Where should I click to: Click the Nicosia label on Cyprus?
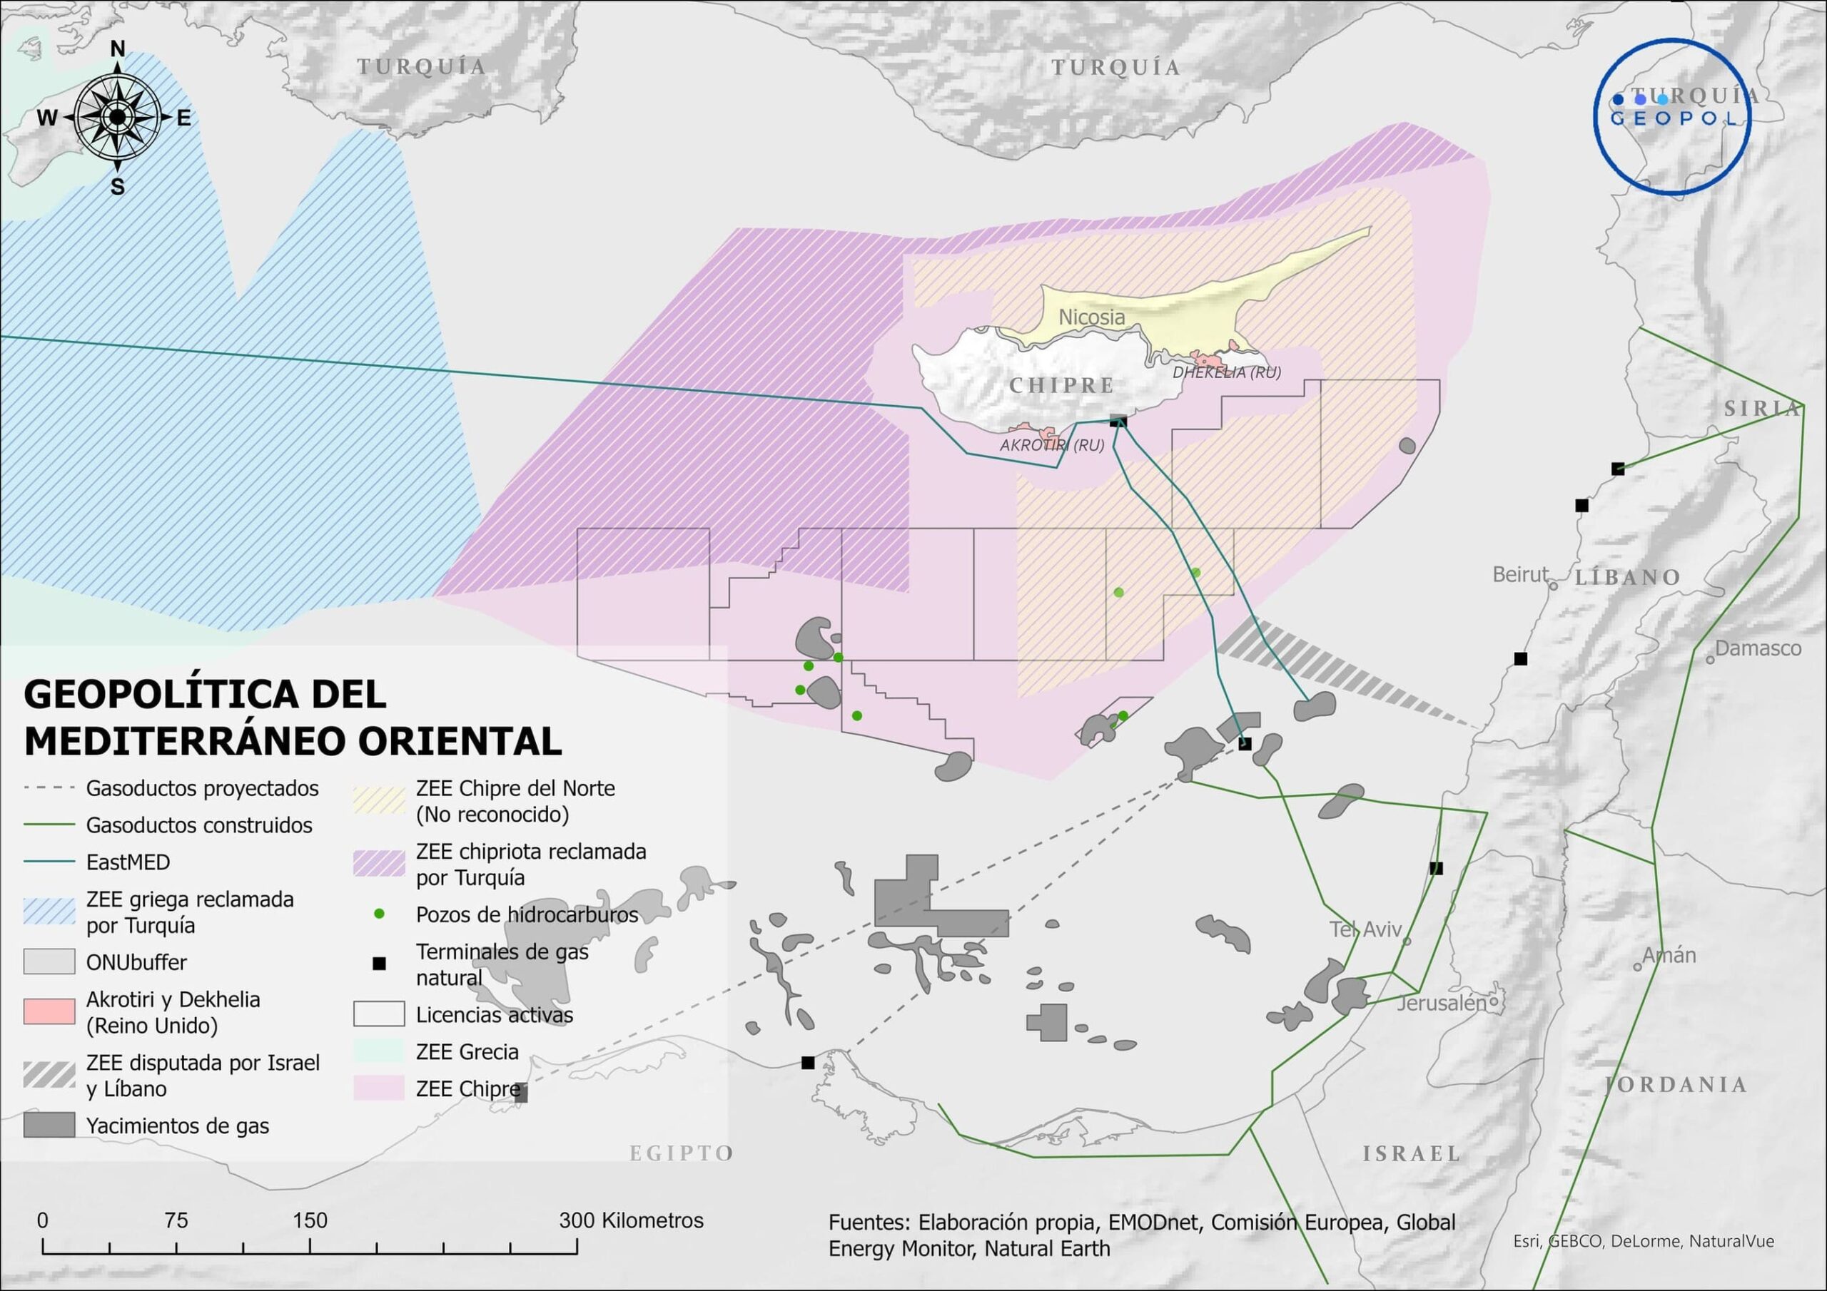tap(1091, 317)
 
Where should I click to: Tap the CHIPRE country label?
tap(1061, 386)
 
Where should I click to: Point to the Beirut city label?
tap(1520, 574)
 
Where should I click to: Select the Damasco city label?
tap(1757, 648)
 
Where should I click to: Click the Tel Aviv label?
tap(1365, 929)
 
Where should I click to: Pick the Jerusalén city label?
tap(1441, 1003)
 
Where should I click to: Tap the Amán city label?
tap(1669, 955)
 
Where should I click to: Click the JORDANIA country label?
tap(1676, 1085)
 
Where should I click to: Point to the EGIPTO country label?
tap(681, 1153)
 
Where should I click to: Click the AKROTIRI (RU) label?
tap(1051, 446)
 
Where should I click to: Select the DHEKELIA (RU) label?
tap(1226, 372)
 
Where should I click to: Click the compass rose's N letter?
tap(118, 49)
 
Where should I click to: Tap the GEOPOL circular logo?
tap(1672, 117)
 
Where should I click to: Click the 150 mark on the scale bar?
tap(310, 1220)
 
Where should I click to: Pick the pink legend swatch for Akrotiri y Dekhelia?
tap(49, 1012)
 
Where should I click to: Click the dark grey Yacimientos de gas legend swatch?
tap(49, 1126)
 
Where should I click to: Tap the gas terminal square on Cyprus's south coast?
tap(1117, 422)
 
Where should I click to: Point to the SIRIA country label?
tap(1761, 409)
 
